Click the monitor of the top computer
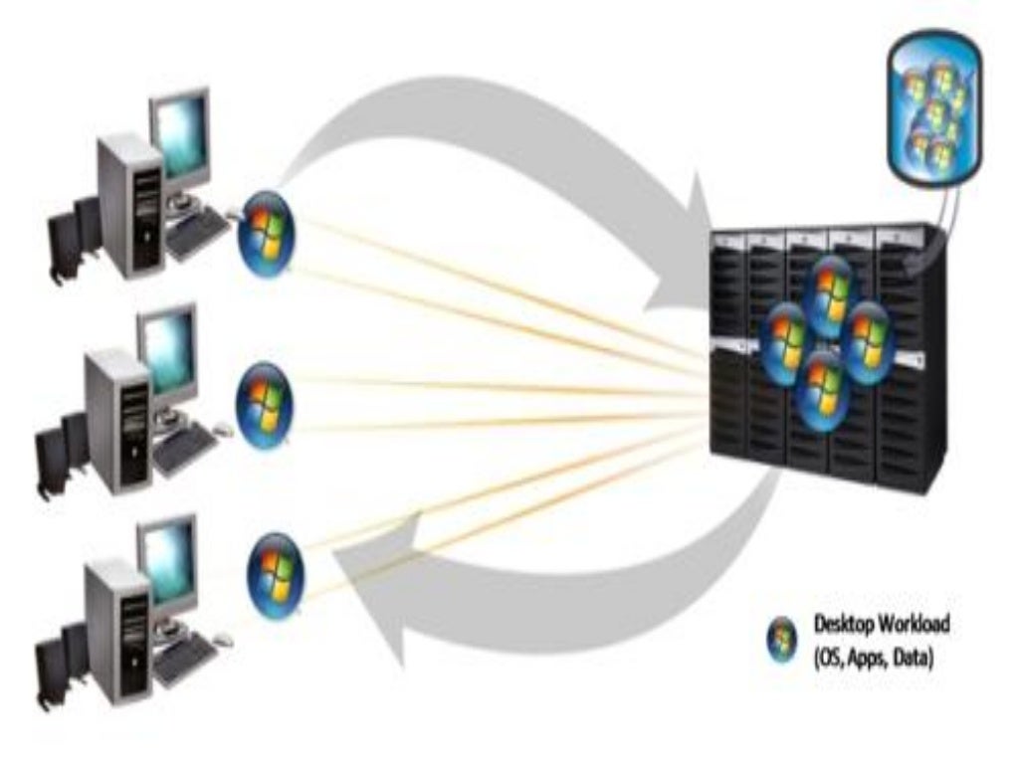[x=181, y=139]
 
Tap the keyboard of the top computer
[x=196, y=237]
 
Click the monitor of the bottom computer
[x=167, y=562]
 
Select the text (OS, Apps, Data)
[x=873, y=657]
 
